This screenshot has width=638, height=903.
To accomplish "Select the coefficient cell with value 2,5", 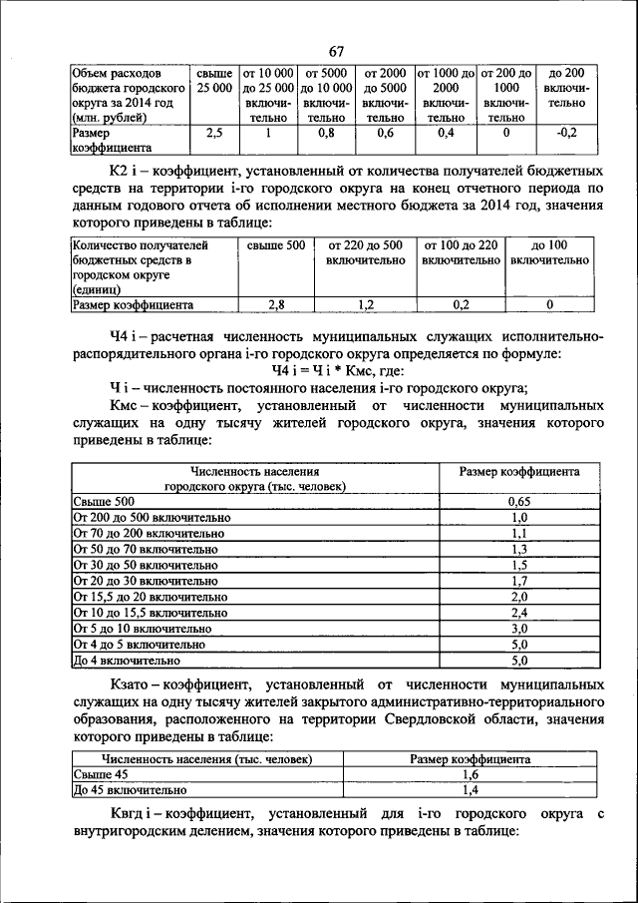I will click(213, 132).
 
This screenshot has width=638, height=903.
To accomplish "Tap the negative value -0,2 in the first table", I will click(567, 132).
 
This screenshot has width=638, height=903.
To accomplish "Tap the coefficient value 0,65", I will click(518, 502).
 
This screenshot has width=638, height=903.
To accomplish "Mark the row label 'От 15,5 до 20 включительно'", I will click(152, 596).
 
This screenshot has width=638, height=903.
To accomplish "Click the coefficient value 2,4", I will click(518, 612).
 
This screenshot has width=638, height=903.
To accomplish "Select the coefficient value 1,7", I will click(518, 580).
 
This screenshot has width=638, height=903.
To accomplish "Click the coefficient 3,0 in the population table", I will click(518, 628).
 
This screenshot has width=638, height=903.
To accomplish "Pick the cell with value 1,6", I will click(469, 773).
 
